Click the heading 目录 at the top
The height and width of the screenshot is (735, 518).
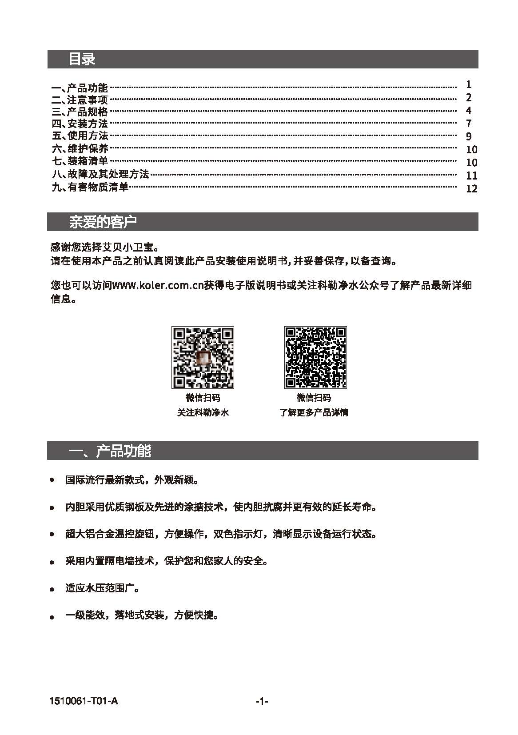pos(82,59)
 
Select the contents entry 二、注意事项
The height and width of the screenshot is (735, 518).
pos(80,100)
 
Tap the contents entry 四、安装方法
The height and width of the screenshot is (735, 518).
pos(80,124)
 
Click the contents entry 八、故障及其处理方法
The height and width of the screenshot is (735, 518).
pos(100,174)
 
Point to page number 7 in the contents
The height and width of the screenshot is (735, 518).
pos(469,124)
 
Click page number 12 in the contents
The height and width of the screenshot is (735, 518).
pos(471,189)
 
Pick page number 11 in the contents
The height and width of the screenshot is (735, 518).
pos(471,176)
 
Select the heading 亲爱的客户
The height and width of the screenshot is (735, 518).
pos(103,222)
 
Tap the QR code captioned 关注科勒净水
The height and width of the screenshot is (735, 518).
pos(203,357)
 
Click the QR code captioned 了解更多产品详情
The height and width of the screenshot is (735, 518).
pos(315,357)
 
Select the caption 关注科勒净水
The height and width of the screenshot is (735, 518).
pos(203,413)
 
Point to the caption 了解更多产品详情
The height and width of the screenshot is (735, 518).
pos(314,413)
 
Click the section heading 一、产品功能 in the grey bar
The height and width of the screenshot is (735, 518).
pos(110,451)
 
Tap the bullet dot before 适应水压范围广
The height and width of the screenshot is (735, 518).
pos(52,590)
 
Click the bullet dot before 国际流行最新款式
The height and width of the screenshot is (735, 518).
pos(52,480)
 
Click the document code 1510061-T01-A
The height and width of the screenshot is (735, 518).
pos(84,701)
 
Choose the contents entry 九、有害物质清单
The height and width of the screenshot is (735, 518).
pos(90,187)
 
